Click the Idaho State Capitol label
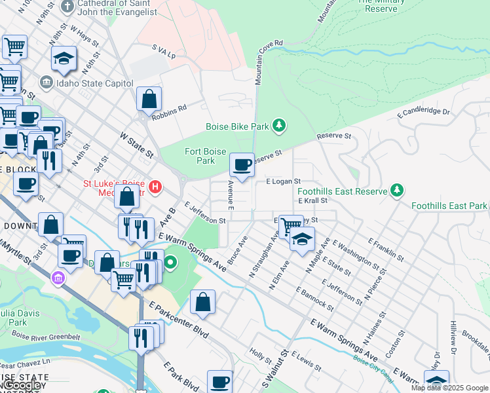(95, 83)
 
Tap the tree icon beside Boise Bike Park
(280, 125)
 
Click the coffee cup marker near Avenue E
(242, 164)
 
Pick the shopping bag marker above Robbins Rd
(149, 100)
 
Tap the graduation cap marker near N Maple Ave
(302, 239)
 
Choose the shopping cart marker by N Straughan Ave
(289, 227)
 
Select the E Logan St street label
(283, 181)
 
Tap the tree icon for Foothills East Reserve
(396, 190)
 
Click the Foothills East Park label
(449, 206)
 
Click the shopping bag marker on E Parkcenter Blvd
(203, 303)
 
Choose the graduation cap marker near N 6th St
(64, 59)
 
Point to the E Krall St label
(312, 200)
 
